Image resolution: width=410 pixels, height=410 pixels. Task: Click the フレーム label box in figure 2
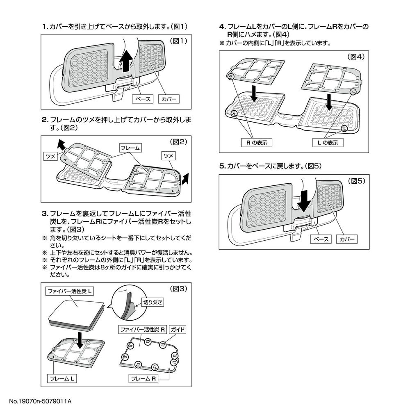click(130, 148)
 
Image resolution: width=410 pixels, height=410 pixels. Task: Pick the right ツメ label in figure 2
click(169, 156)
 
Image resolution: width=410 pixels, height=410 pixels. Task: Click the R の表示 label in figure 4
click(257, 143)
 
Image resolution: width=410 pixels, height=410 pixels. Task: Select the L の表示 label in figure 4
click(328, 143)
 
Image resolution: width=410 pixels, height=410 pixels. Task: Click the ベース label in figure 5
click(321, 239)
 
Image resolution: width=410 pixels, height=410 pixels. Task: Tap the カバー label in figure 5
click(346, 239)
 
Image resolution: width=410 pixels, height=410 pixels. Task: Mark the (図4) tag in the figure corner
click(355, 57)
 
